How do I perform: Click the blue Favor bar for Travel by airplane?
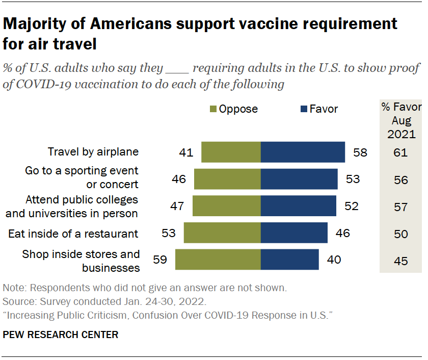(303, 152)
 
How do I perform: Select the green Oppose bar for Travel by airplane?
(231, 152)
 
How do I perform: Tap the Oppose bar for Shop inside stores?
(218, 260)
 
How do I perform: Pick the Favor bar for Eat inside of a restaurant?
(294, 233)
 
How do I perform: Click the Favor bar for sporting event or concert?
(299, 179)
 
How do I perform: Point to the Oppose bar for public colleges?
(226, 206)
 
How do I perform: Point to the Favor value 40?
(333, 260)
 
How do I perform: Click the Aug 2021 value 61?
(400, 152)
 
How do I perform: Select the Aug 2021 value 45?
(400, 261)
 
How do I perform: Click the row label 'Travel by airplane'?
(93, 152)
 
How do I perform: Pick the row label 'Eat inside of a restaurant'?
(73, 234)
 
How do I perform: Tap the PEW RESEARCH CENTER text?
(61, 335)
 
